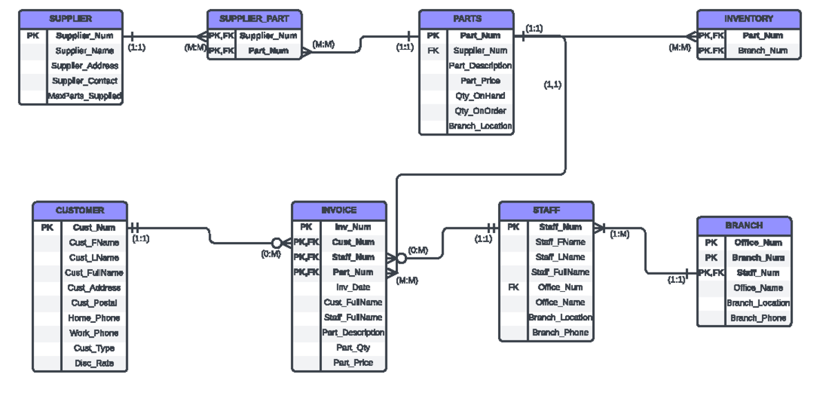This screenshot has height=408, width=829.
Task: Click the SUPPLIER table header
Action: (70, 19)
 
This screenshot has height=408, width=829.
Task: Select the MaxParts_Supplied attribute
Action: (84, 96)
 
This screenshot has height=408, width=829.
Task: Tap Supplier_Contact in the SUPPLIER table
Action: (84, 81)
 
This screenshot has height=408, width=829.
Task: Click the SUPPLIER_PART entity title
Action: (254, 19)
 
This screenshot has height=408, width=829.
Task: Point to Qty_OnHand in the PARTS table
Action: (480, 96)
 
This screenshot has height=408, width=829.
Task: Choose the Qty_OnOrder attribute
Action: (480, 111)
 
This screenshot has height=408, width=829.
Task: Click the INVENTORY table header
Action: (749, 19)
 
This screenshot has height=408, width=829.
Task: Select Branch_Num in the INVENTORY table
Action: (763, 50)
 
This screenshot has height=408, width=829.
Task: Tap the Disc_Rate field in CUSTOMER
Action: (94, 364)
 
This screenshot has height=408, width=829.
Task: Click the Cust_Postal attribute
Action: (94, 303)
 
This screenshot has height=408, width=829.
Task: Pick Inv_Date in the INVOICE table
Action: (353, 287)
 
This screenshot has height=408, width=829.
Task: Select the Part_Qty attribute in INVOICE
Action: (353, 348)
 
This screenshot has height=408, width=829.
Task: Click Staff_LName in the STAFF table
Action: (560, 257)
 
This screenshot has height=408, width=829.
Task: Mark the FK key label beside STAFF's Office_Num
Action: (513, 287)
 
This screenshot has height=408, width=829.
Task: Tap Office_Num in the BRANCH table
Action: (758, 243)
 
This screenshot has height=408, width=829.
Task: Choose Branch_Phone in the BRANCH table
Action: (758, 318)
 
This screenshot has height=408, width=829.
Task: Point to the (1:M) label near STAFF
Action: (619, 234)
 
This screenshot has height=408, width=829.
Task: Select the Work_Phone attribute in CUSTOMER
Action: (94, 333)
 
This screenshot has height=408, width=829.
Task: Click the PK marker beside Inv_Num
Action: (306, 227)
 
